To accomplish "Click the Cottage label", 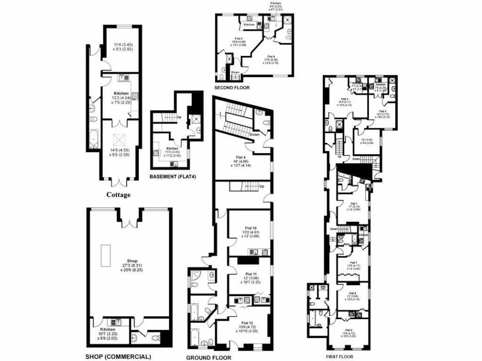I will coord(118,195).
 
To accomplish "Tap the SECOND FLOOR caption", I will coord(233,87).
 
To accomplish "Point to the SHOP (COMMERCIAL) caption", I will coord(119,356).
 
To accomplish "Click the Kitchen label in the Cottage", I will coord(121,94).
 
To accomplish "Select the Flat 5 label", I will coord(239,39).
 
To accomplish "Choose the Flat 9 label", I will coord(348,330).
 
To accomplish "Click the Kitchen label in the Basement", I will coord(172,149).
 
